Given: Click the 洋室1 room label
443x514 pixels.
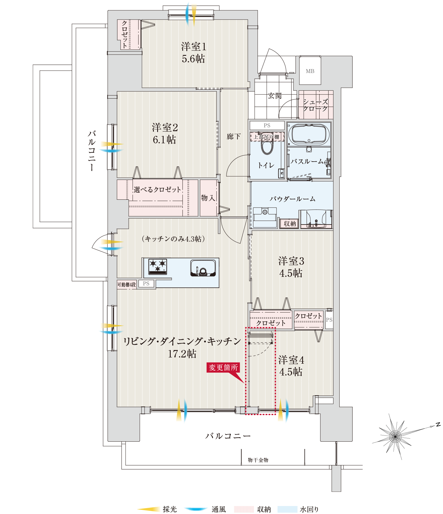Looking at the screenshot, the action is coord(194,47).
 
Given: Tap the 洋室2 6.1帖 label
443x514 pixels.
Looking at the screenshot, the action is coord(165,134).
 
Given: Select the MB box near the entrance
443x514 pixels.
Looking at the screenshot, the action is coord(310,71).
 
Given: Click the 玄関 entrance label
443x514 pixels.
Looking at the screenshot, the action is coord(275,96).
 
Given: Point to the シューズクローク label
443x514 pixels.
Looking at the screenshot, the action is coord(315,105).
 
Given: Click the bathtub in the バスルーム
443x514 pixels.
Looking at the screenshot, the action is coord(309,134).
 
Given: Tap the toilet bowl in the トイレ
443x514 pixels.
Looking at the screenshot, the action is coord(267,147).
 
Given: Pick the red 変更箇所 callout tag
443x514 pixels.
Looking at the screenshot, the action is coord(223,367).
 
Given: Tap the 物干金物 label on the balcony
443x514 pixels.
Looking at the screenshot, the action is coord(258,460).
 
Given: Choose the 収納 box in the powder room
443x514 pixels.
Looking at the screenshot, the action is coord(290,224).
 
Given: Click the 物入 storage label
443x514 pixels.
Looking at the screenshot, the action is coord(208,198).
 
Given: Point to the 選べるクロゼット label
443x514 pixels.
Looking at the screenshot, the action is coord(157,190).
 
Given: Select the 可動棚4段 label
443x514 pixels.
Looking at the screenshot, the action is coord(127,284).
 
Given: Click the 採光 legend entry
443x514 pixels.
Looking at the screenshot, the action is coord(157,509).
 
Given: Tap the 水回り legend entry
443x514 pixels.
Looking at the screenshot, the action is coord(298,509).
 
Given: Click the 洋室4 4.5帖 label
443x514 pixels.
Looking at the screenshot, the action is coord(291,366).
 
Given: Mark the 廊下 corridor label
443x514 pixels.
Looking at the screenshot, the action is coord(234,136).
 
